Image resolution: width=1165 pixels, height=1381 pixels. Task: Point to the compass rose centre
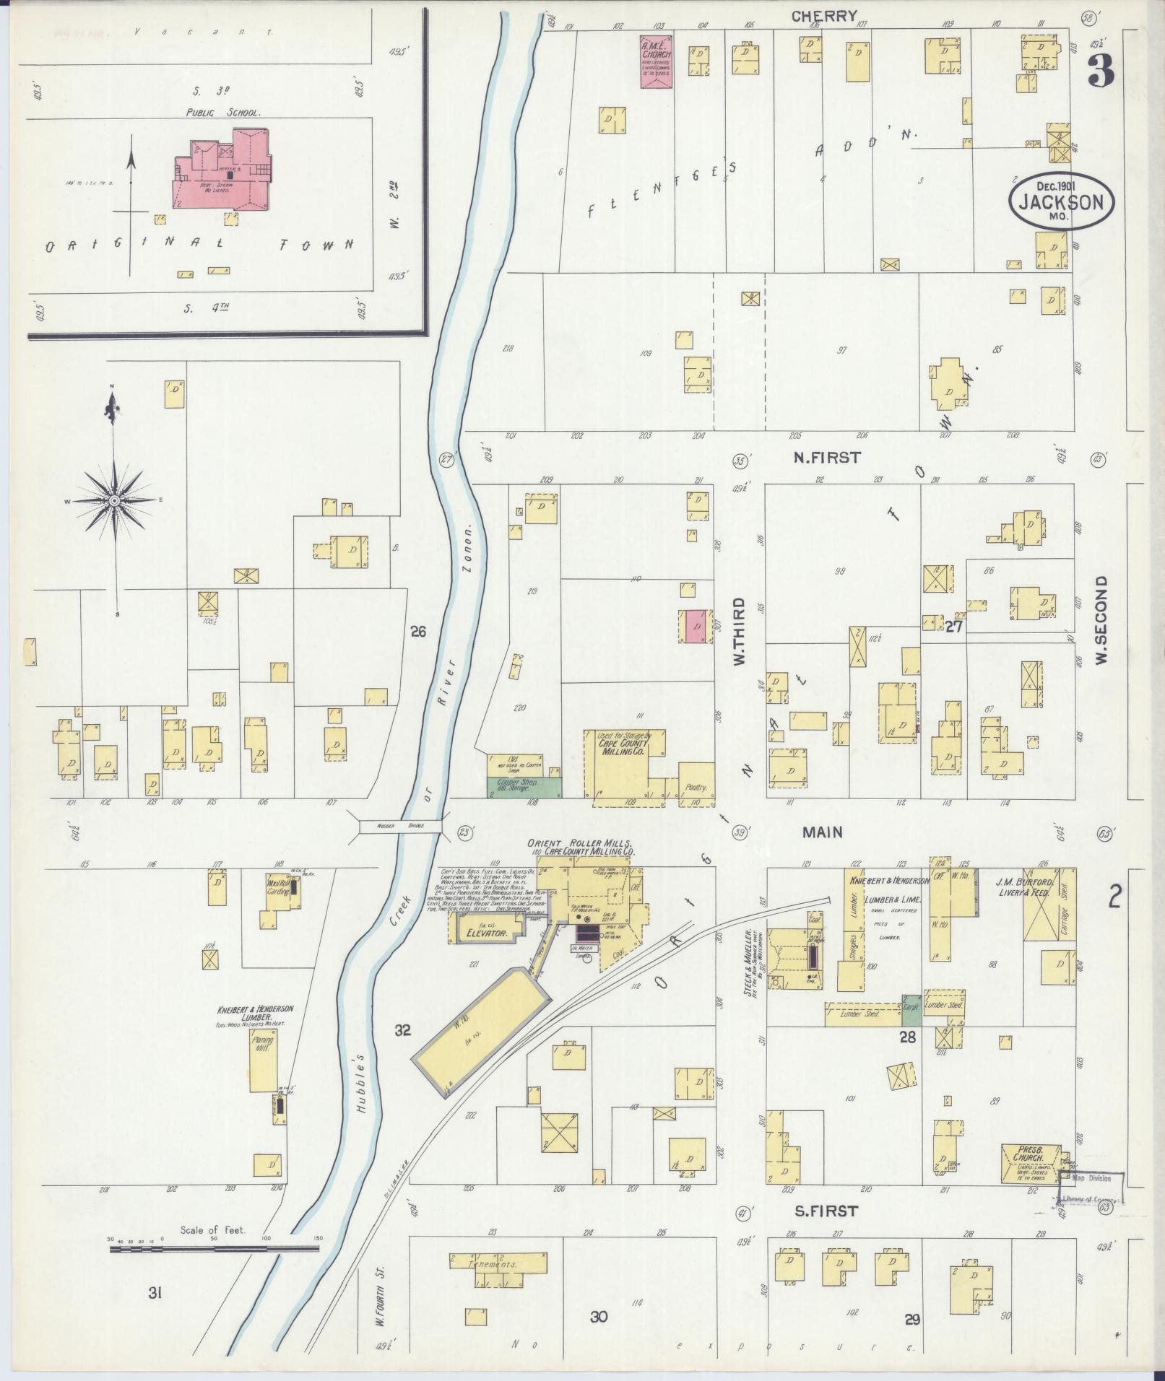tap(115, 500)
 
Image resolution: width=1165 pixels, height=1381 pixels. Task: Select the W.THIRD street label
tap(740, 630)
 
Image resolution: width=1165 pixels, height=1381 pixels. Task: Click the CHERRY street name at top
tap(824, 16)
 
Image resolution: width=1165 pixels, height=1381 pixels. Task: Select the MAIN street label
tap(823, 832)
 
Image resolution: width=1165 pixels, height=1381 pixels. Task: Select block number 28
tap(907, 1037)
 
